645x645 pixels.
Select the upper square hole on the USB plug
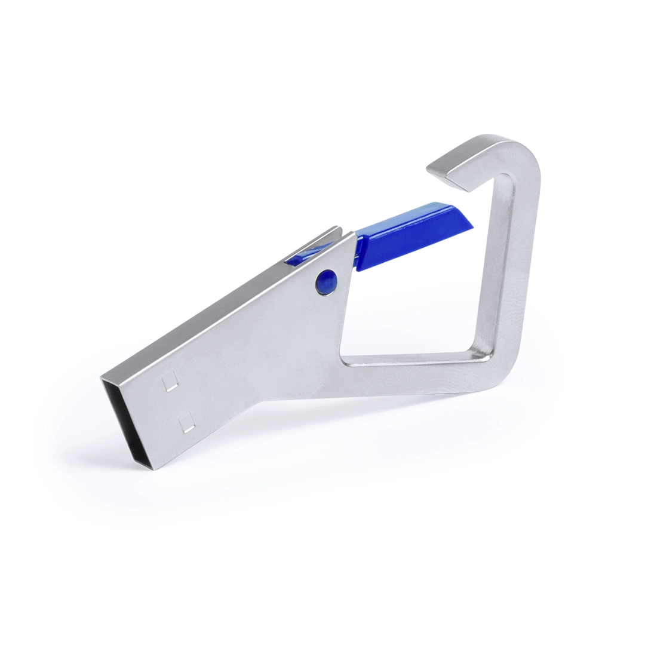[171, 380]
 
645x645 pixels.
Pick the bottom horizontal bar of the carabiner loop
[412, 363]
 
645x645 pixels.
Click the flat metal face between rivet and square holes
[251, 352]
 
